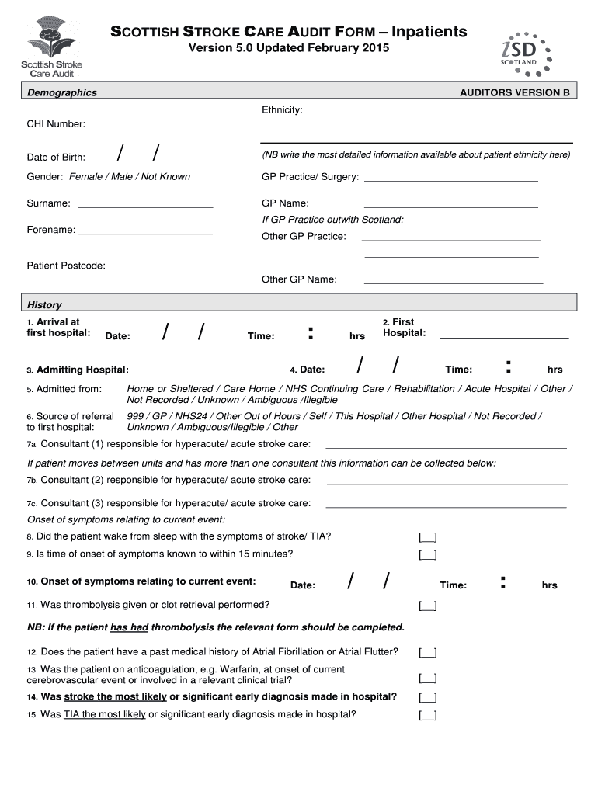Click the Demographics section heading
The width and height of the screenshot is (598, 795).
[62, 92]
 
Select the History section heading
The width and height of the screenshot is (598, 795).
[44, 305]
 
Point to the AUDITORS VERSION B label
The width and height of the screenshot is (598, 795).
[514, 92]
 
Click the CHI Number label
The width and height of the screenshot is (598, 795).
[56, 124]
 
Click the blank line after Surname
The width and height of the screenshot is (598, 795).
[146, 207]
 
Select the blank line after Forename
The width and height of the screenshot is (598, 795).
[145, 233]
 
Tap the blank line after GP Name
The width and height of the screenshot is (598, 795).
[450, 207]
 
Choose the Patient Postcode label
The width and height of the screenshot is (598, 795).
[66, 266]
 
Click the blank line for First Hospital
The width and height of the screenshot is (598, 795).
[504, 338]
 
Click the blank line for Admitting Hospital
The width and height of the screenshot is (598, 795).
[207, 369]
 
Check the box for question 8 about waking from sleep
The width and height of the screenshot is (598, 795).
[427, 537]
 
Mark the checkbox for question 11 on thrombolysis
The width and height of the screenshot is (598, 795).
[427, 606]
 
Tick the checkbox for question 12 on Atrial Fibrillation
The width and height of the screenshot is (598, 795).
[427, 653]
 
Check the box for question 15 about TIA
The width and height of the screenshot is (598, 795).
[427, 716]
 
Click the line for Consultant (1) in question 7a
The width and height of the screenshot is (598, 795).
[446, 447]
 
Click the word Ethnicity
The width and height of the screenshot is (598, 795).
[282, 110]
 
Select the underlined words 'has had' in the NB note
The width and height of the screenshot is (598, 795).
[129, 627]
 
